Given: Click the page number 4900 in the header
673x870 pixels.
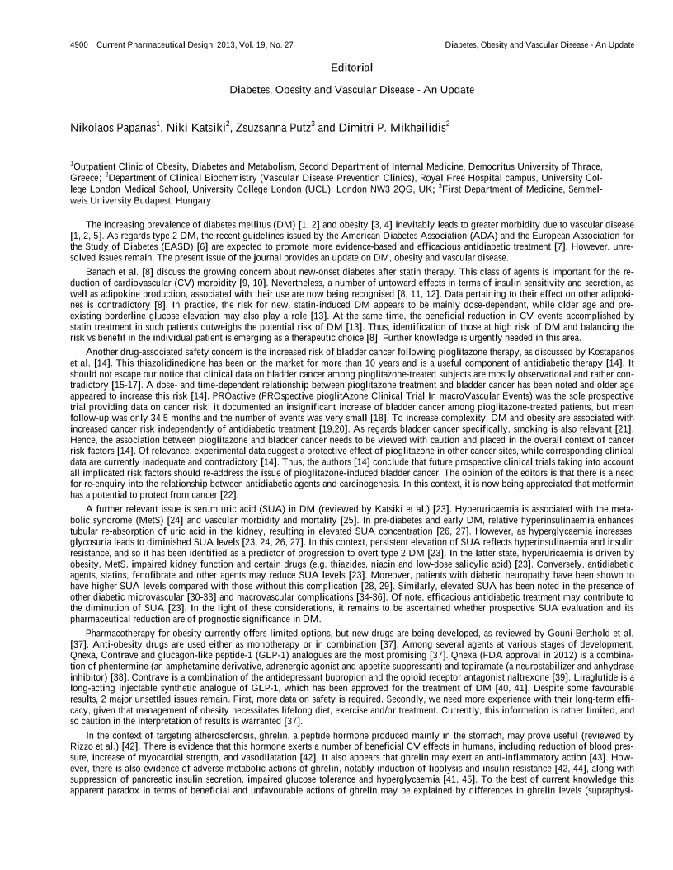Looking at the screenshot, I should click(x=80, y=44).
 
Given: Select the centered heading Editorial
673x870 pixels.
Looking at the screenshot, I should click(x=351, y=67).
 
